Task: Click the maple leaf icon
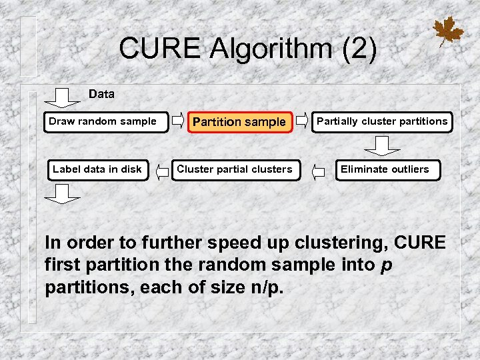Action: (x=447, y=31)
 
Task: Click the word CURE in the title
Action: (x=159, y=48)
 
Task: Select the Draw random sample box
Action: (x=105, y=122)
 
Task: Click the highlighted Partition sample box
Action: (x=239, y=123)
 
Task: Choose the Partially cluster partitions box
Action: (x=381, y=122)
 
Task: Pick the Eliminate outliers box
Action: (x=385, y=169)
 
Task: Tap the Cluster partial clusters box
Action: (x=234, y=169)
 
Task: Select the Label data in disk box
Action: (x=97, y=169)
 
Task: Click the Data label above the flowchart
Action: (x=101, y=94)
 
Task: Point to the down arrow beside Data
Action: (x=64, y=97)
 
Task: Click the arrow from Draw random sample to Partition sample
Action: (x=178, y=121)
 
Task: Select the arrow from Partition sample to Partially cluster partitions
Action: (x=302, y=121)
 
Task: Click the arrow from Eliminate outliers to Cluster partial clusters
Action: (x=319, y=171)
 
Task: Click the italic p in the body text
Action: (x=385, y=265)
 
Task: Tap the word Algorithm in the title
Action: (x=274, y=48)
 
